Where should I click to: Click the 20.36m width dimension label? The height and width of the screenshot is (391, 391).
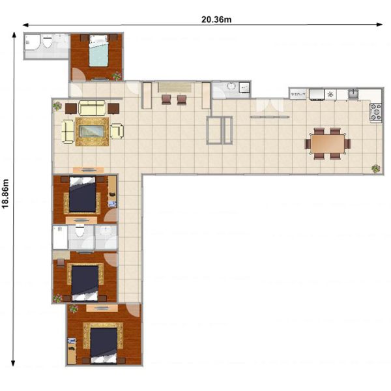[x=216, y=20]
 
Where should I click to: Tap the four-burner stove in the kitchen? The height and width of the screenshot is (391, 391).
[x=376, y=113]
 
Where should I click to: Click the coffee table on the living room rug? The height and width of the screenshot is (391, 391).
[x=91, y=132]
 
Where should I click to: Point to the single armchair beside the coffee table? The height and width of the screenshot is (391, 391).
[x=116, y=131]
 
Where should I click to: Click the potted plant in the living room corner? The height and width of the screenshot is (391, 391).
[x=57, y=106]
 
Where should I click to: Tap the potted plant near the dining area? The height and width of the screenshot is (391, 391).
[x=375, y=169]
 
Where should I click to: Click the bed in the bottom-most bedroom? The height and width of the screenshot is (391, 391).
[x=103, y=343]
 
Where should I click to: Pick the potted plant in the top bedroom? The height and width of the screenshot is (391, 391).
[x=117, y=76]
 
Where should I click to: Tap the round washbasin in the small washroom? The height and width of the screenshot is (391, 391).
[x=231, y=87]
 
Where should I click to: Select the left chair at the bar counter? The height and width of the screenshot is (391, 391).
[x=167, y=99]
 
